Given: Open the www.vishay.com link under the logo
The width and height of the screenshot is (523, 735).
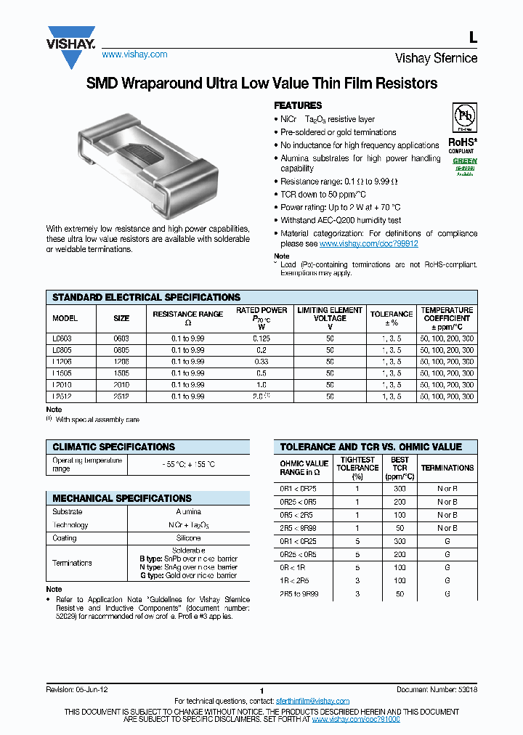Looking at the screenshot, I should [134, 54].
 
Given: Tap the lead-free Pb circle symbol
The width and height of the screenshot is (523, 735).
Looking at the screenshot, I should [464, 117].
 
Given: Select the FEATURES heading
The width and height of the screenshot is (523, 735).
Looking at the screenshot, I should [297, 105].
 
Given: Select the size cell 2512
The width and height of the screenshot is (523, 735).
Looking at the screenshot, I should [121, 397].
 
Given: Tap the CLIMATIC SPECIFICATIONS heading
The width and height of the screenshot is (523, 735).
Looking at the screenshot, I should [113, 447].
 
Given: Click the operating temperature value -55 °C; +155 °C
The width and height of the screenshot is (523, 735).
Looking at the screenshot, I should [188, 464].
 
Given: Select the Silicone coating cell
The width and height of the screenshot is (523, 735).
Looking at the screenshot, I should [188, 538].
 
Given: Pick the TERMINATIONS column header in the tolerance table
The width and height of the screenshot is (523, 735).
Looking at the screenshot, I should [447, 468].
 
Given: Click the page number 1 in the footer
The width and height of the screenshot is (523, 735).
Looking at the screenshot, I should [261, 691].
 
